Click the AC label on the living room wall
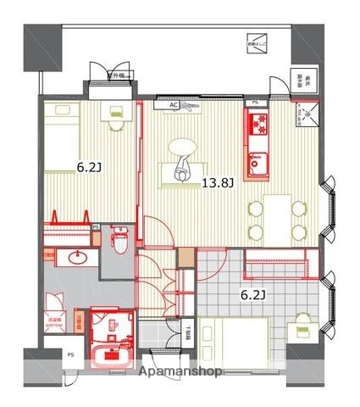[x=174, y=105]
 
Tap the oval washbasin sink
[x=81, y=258]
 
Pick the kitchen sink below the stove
[x=257, y=161]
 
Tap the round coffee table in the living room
[x=185, y=149]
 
